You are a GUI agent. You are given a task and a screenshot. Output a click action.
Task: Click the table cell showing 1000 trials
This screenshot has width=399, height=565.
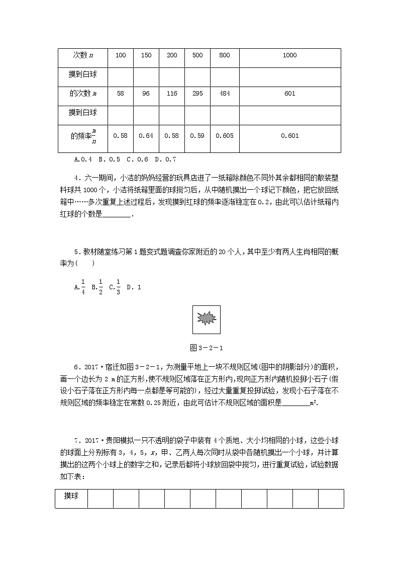click(x=289, y=55)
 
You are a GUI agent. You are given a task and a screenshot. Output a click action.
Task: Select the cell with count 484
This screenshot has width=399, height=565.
click(x=224, y=94)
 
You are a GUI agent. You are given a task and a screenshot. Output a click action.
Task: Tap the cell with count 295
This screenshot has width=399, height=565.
click(x=197, y=94)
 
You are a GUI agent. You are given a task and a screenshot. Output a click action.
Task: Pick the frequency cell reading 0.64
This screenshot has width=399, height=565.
click(x=146, y=135)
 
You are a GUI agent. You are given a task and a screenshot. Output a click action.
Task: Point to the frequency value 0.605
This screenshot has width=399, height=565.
click(x=224, y=135)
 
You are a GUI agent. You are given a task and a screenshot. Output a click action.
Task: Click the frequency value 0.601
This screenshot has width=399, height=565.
click(x=289, y=135)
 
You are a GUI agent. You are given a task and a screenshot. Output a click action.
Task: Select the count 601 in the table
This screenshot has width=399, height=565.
click(x=289, y=94)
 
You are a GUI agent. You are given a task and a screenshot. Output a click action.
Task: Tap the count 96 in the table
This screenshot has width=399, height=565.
click(x=146, y=94)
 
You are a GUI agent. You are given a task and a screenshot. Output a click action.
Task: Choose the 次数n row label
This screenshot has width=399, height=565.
click(x=82, y=55)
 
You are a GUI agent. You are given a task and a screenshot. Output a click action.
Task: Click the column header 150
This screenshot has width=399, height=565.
click(x=146, y=55)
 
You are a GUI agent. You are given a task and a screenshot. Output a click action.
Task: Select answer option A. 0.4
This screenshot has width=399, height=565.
click(x=83, y=160)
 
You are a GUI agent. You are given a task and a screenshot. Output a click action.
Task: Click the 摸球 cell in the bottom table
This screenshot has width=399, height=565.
click(x=71, y=496)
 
